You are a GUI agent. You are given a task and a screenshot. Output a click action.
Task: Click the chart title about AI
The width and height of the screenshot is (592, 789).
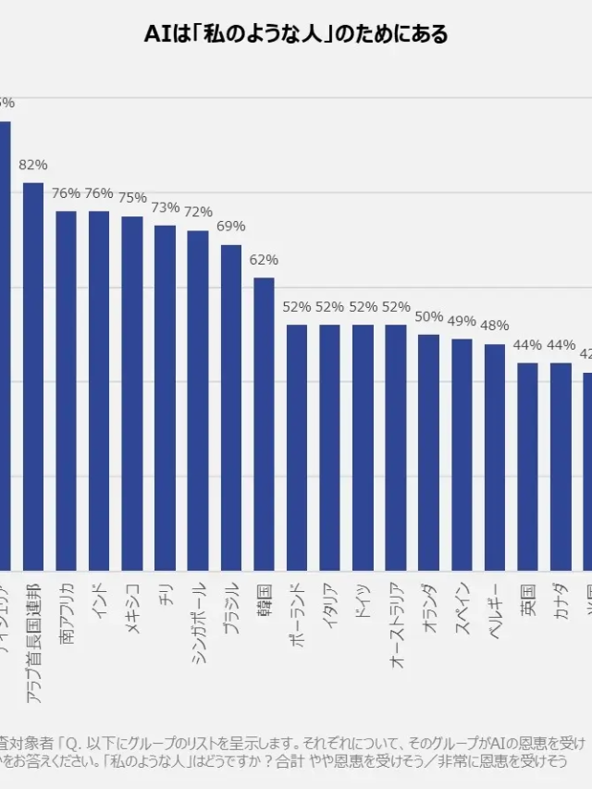(296, 35)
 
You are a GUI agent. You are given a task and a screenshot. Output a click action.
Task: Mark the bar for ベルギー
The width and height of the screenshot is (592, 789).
(495, 457)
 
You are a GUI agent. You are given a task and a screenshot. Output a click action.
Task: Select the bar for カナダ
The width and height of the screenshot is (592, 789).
(561, 466)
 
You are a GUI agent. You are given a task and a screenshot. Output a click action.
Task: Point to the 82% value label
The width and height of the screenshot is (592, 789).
(33, 166)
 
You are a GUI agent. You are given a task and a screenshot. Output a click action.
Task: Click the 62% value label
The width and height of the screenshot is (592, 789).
(264, 260)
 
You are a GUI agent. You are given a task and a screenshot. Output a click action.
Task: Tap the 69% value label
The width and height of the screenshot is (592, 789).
(231, 227)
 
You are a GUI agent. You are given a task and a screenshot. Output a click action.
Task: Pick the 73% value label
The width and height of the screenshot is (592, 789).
(165, 207)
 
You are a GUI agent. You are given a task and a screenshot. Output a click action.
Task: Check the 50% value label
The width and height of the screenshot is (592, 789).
(429, 316)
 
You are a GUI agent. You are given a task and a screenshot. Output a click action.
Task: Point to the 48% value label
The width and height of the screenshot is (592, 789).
(495, 326)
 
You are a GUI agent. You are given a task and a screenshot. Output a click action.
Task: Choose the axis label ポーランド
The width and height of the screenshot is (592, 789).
(297, 612)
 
